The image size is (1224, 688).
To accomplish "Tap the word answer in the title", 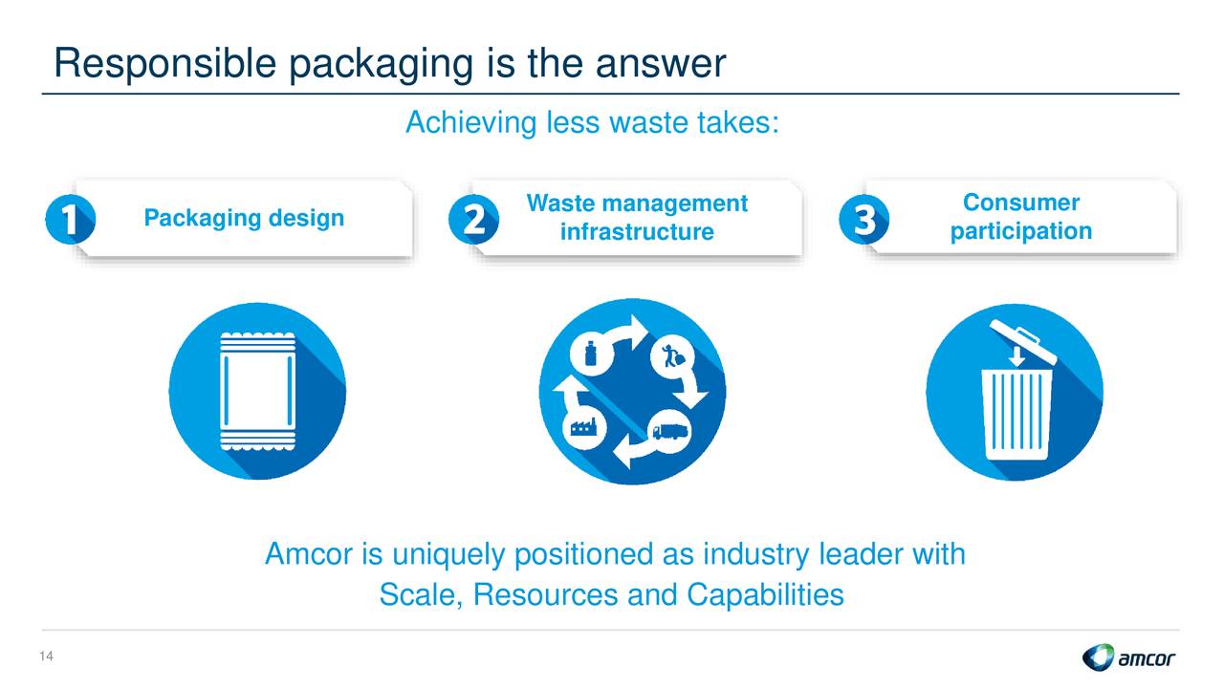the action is tap(661, 64).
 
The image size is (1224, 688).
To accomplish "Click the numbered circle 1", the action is tap(71, 219).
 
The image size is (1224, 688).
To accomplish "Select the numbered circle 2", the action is tap(473, 219).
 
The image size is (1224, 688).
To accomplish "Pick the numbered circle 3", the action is tap(863, 219).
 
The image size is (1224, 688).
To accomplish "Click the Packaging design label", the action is tap(244, 218).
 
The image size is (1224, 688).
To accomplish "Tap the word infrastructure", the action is tap(637, 231).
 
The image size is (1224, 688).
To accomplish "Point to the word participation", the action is tap(1021, 231).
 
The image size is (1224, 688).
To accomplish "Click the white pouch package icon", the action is tap(258, 392).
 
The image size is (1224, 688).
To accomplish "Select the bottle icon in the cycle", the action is tap(591, 354).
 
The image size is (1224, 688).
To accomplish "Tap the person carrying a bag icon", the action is tap(672, 356).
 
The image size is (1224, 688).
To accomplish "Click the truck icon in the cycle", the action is tap(670, 431).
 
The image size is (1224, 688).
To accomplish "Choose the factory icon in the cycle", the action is tap(583, 426).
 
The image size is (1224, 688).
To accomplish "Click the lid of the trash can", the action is tap(1023, 341).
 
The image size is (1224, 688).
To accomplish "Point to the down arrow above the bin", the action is tap(1016, 355).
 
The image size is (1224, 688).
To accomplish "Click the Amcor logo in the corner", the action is tap(1128, 656).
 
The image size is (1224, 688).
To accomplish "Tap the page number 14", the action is tap(47, 656).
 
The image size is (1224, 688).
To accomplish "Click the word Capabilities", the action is tap(765, 594).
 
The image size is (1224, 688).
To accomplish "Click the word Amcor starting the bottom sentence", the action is tap(309, 553).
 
